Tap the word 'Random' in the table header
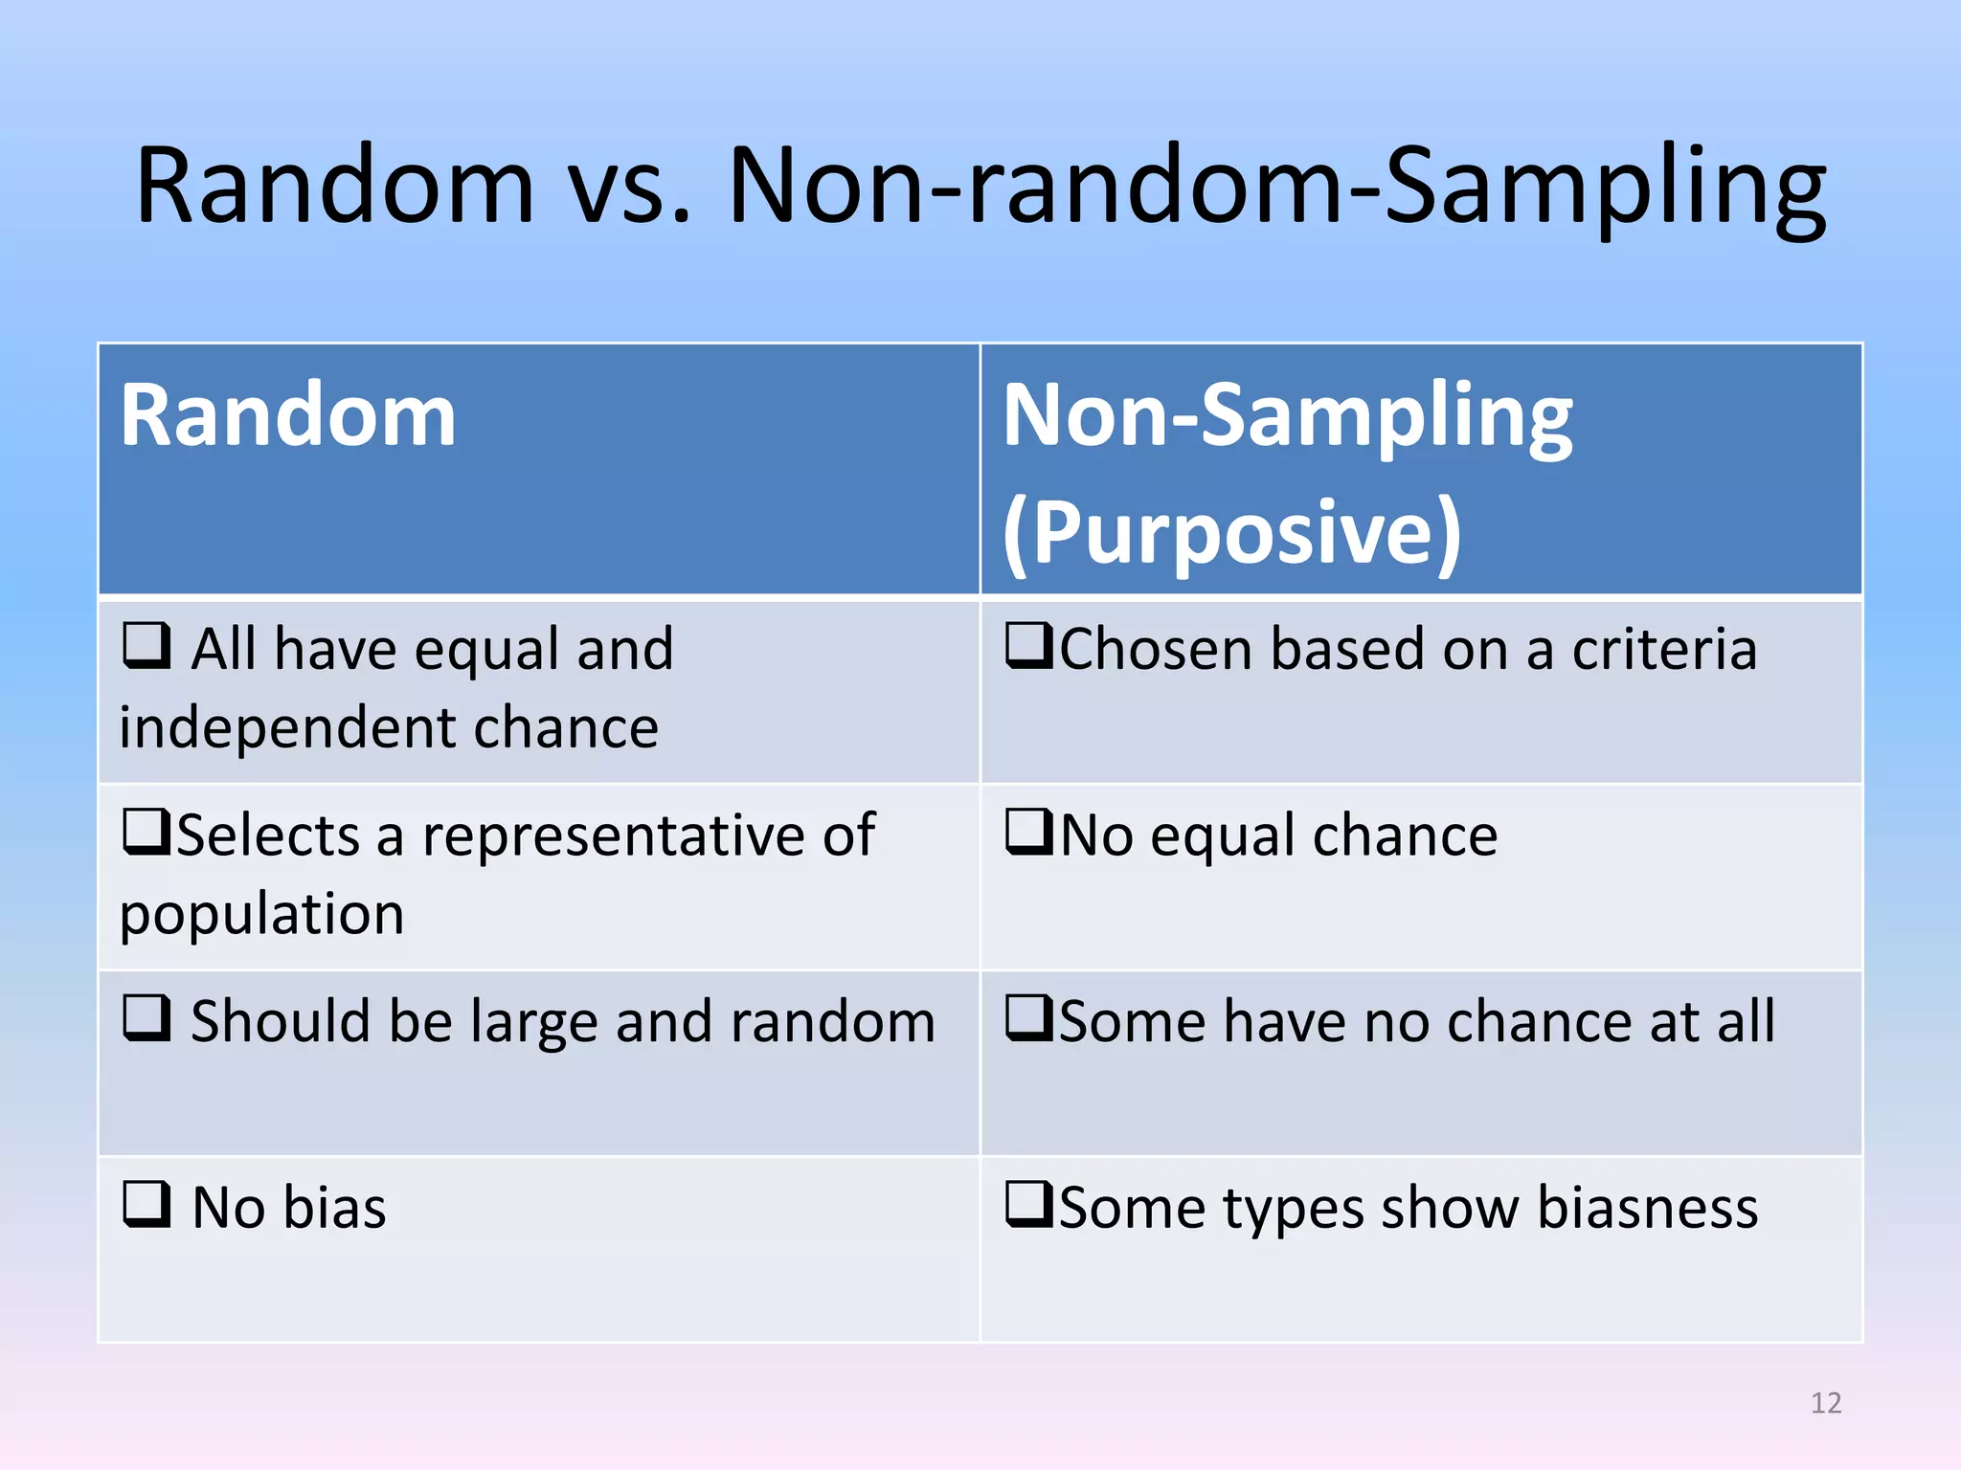point(287,416)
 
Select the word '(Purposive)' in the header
point(1231,532)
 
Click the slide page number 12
point(1826,1403)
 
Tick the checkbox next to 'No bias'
point(147,1204)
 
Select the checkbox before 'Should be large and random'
point(147,1017)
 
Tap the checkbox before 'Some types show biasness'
point(1029,1204)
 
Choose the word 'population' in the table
point(261,915)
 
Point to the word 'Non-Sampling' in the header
point(1287,416)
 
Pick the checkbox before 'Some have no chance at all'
point(1029,1017)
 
